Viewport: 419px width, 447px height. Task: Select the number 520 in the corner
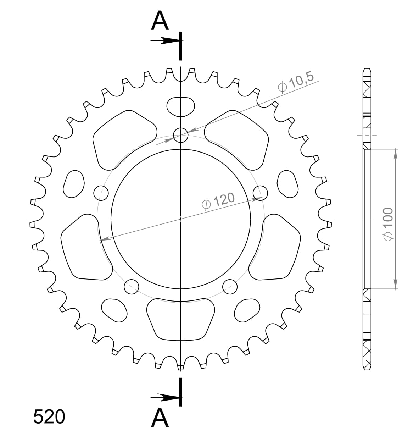click(49, 417)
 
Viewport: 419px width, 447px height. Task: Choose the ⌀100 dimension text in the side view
click(388, 224)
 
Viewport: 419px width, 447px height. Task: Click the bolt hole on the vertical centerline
click(181, 135)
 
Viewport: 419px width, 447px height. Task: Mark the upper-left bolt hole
click(101, 193)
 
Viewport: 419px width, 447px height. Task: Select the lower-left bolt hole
click(132, 286)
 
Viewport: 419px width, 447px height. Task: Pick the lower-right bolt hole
click(230, 286)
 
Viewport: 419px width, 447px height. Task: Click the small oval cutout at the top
click(181, 106)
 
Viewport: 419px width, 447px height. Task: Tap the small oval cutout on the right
click(287, 183)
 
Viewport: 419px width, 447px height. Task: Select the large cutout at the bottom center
click(181, 318)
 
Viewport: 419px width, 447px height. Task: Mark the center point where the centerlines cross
click(181, 219)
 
